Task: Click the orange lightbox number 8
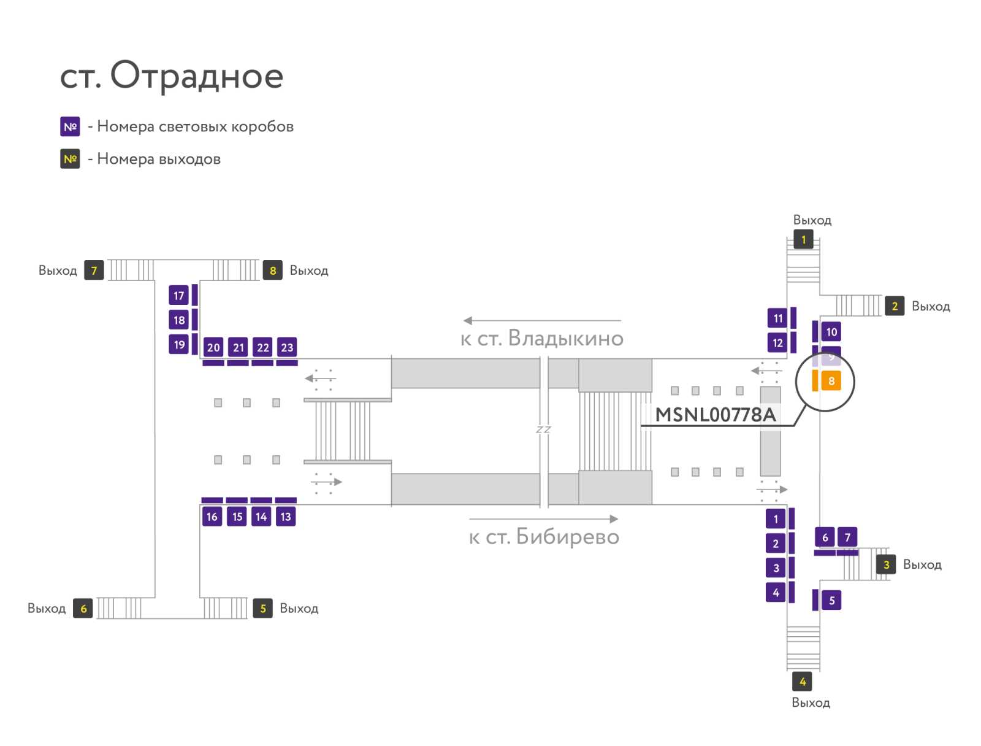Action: point(831,380)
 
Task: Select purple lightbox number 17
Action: point(179,296)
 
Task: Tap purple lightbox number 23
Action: point(287,347)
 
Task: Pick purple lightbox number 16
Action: point(212,517)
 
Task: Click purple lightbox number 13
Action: point(286,517)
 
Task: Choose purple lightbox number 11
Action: point(777,318)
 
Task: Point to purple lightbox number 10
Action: point(831,332)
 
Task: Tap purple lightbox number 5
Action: point(831,600)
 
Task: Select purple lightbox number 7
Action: point(847,537)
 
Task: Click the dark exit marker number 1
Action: point(803,240)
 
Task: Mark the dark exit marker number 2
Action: point(895,306)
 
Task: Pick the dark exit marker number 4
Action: point(802,682)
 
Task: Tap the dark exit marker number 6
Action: point(83,609)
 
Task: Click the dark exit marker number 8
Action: point(273,270)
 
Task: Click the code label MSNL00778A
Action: point(715,415)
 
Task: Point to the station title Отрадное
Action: point(197,76)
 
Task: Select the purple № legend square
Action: point(70,126)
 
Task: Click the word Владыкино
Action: point(566,339)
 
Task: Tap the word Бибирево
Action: point(568,536)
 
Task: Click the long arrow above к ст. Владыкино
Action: point(542,320)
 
